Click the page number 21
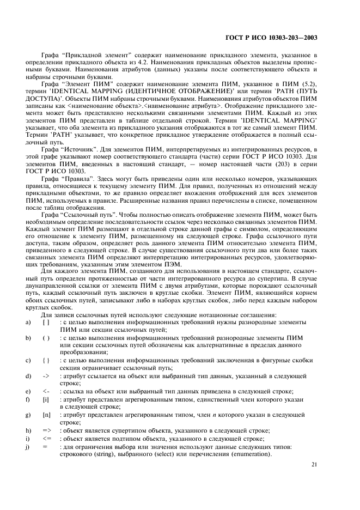[314, 464]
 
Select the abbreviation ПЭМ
[181, 259]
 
